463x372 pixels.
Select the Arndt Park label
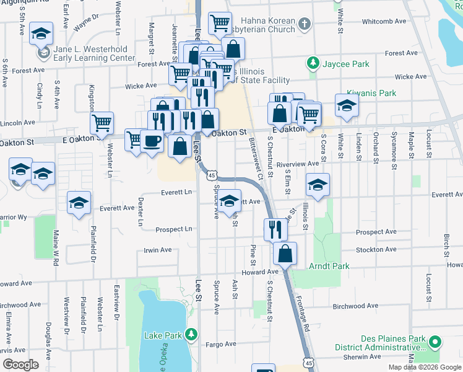[x=329, y=266]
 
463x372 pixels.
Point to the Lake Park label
[x=163, y=335]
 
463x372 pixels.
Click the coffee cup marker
[x=152, y=142]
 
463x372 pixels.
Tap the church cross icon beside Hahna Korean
[x=303, y=25]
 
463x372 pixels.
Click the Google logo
[x=21, y=364]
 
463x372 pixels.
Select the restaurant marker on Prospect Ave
[x=275, y=230]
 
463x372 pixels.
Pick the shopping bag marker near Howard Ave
[x=285, y=254]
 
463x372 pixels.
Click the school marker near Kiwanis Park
[x=347, y=106]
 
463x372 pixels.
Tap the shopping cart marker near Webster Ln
[x=101, y=123]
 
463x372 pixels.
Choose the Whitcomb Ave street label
[x=384, y=21]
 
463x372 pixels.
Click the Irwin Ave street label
[x=157, y=250]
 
